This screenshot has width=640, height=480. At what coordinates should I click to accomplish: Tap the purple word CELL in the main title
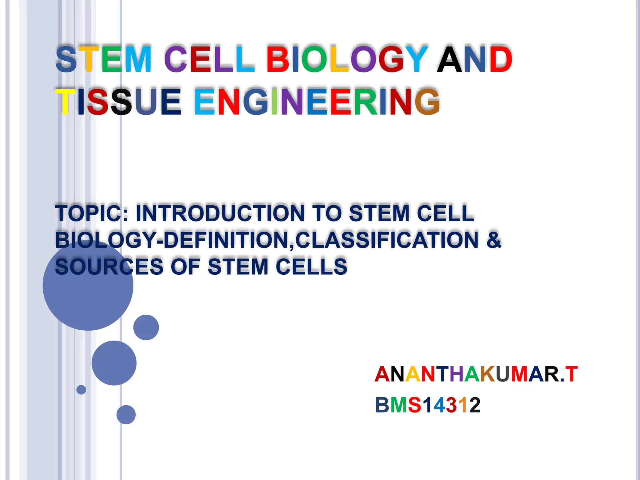click(209, 59)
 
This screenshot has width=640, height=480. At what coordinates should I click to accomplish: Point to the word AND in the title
click(474, 59)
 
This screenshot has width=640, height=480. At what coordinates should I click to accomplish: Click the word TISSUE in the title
click(118, 102)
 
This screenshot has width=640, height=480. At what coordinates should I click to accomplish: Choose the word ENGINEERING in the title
click(317, 102)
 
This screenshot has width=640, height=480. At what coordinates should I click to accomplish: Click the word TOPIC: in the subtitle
click(92, 213)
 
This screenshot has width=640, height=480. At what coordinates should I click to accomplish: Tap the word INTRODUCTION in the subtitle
click(220, 213)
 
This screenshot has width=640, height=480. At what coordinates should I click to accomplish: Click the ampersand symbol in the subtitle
click(494, 240)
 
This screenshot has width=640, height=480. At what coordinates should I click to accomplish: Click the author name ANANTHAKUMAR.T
click(476, 374)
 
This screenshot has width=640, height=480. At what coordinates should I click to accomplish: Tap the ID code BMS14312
click(427, 405)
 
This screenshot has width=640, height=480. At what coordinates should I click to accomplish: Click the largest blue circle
click(88, 285)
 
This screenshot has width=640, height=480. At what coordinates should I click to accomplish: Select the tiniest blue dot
click(81, 390)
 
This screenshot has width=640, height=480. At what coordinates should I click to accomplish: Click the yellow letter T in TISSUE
click(65, 102)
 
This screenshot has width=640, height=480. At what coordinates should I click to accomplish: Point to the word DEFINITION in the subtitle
click(228, 240)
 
